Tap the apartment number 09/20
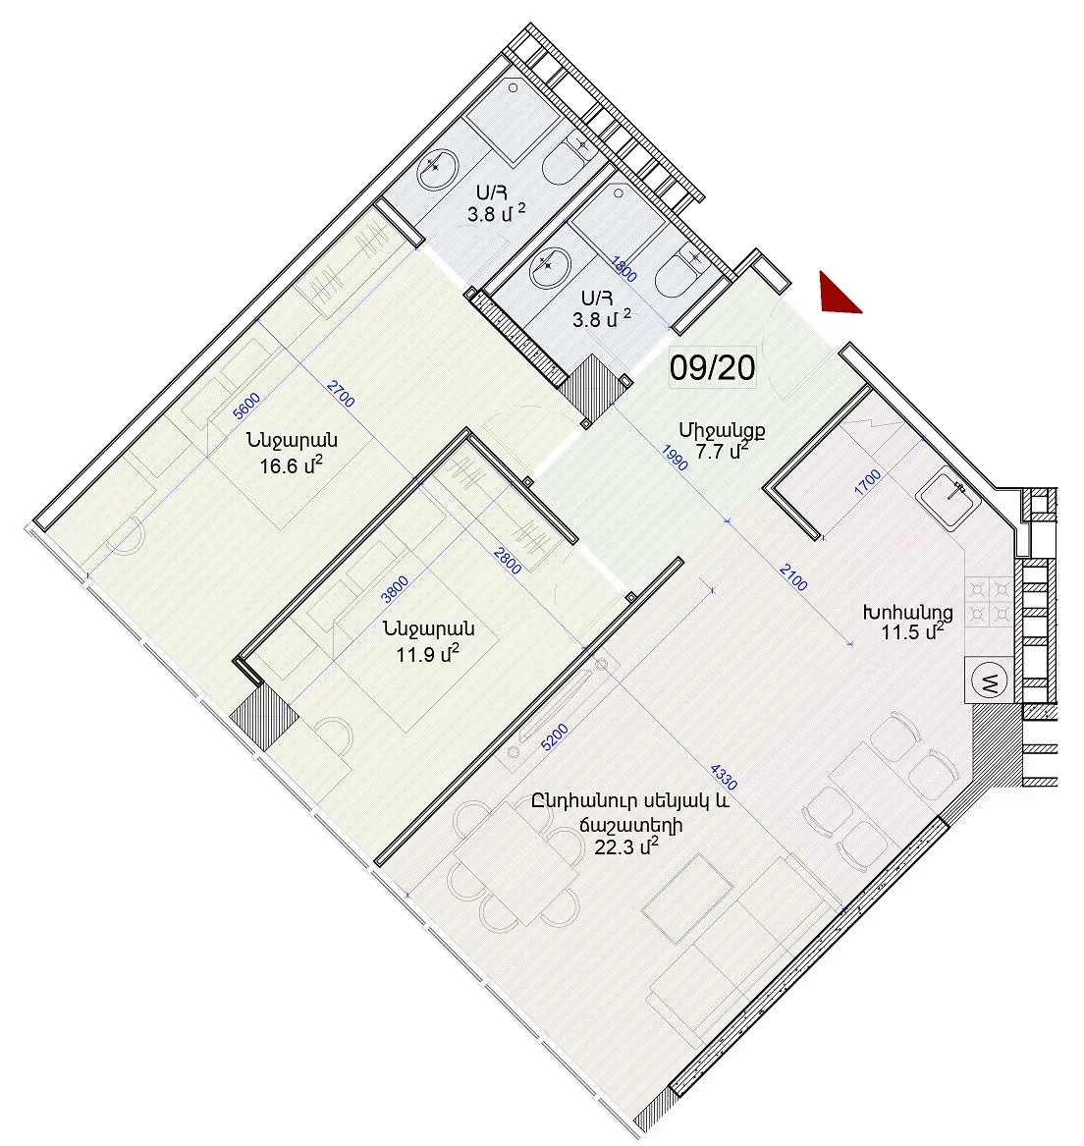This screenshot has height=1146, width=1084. coord(712,367)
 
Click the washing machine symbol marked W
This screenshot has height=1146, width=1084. coord(989,682)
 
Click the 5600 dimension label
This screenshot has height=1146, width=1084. coord(246,407)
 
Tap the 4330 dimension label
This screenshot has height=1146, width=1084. coord(724,777)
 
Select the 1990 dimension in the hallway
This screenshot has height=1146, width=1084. coord(675,459)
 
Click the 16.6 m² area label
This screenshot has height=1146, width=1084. coord(291,464)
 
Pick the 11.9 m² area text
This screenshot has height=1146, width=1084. coord(427,653)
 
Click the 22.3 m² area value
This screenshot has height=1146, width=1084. coord(627,847)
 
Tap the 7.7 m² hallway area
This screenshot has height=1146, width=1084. coord(722,451)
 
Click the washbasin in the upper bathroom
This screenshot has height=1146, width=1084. coord(437,170)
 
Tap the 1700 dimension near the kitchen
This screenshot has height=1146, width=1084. coord(868,483)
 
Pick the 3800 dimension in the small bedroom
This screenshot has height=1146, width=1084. coord(395,589)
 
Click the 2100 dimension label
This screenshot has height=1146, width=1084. coord(793,577)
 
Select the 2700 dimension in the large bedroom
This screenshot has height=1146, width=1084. coord(341,394)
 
